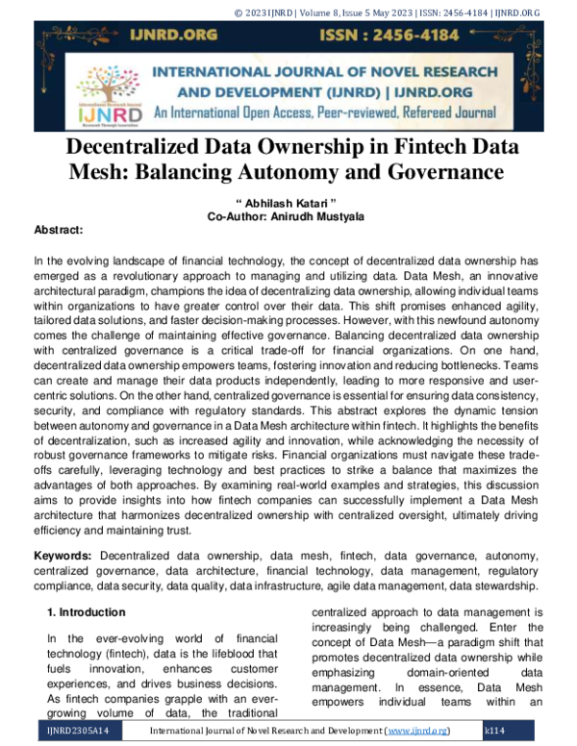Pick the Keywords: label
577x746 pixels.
pyautogui.click(x=63, y=557)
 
